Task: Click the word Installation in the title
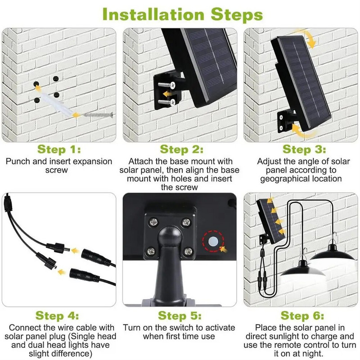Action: [153, 14]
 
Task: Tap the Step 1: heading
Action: [59, 149]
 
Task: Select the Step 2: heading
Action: [181, 149]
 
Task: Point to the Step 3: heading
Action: [304, 149]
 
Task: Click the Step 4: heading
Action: [57, 316]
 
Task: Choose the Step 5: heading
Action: [180, 316]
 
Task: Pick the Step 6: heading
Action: [302, 316]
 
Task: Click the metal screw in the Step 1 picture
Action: [98, 115]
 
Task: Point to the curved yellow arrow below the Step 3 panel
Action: [303, 131]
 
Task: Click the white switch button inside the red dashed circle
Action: [213, 241]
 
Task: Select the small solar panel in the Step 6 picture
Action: [270, 220]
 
